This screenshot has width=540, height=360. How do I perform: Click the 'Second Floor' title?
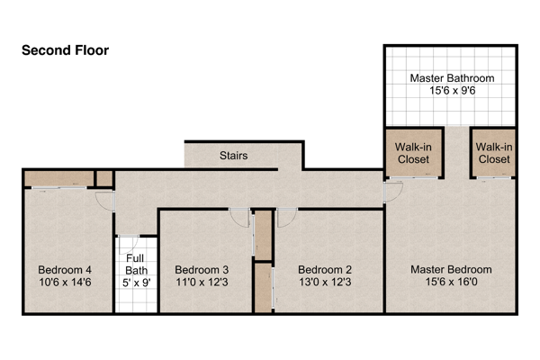point(66,50)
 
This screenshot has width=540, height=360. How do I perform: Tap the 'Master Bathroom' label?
point(452,78)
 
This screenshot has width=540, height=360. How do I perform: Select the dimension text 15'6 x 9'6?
point(452,91)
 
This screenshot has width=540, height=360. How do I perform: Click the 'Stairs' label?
point(234,156)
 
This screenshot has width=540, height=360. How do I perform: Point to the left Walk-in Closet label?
point(413,153)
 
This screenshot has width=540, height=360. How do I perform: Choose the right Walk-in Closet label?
point(493,153)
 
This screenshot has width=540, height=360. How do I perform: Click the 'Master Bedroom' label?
point(452,269)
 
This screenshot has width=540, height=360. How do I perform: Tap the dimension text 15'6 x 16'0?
point(452,282)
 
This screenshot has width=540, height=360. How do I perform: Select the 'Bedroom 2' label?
point(324,269)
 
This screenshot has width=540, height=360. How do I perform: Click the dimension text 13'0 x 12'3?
point(324,282)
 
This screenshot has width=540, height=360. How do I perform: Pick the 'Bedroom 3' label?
point(202,269)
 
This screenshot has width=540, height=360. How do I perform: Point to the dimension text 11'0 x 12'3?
point(202,282)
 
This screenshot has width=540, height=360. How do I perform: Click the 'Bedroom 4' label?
point(65,269)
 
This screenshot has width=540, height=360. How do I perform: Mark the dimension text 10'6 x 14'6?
point(65,282)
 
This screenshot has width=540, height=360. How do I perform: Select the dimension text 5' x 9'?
point(136,282)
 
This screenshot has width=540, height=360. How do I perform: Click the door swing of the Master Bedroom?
point(392,191)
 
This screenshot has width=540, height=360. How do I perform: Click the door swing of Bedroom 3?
point(238,217)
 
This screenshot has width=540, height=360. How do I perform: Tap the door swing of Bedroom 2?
point(287,217)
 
